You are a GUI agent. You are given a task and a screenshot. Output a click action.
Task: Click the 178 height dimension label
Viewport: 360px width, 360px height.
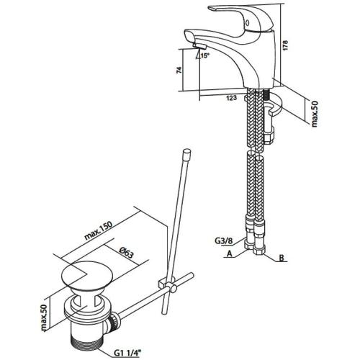click(x=285, y=45)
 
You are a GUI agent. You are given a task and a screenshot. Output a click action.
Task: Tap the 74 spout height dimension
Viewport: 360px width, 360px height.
click(x=179, y=70)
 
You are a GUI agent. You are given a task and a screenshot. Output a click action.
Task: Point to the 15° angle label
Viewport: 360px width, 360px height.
click(x=205, y=55)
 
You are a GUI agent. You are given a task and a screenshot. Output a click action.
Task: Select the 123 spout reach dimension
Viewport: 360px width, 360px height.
click(x=231, y=98)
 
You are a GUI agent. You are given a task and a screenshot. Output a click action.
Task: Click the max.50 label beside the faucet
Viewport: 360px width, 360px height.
click(x=315, y=114)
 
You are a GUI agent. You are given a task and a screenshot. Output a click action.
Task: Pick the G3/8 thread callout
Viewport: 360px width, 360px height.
click(x=224, y=240)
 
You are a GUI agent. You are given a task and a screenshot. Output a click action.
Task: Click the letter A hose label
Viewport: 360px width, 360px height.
click(x=230, y=254)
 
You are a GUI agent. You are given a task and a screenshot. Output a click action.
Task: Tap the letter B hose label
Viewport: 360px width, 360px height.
click(x=282, y=258)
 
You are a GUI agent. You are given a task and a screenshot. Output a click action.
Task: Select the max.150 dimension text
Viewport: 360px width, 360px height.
click(x=99, y=230)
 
